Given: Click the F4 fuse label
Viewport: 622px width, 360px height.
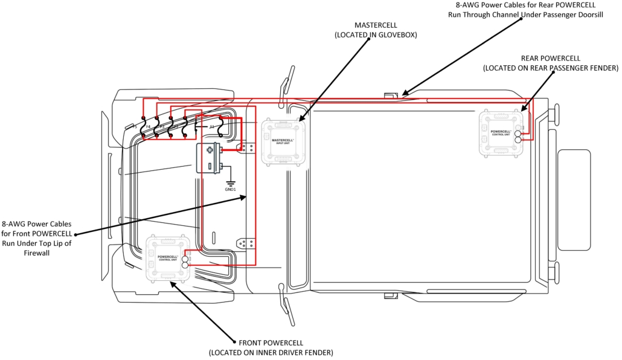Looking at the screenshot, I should coord(149,127).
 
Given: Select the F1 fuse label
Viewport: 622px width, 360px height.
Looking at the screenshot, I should coord(212,127).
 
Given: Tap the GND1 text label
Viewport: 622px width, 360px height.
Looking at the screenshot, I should coord(231,190).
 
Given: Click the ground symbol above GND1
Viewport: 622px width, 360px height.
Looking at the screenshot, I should coord(231,182).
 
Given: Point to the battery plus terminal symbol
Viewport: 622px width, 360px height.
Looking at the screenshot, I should coord(210,150).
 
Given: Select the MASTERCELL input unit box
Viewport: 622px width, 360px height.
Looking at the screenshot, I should coord(282,141).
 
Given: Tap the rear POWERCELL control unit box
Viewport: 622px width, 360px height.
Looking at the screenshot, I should coord(501,133).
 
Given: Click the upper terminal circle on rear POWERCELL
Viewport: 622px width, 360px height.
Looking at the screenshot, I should coord(518,133).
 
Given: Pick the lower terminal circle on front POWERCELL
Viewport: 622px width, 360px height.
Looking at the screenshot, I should coord(185,265).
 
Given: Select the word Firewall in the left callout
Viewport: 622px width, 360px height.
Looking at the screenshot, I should coord(37,253).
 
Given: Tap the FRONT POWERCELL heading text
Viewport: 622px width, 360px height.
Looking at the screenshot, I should coord(271,342).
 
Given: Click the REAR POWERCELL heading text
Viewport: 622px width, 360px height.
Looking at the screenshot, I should coord(550,58).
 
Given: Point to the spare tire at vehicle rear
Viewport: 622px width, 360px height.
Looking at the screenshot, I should coord(574,200).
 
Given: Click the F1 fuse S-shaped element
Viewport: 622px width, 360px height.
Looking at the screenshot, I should coord(221,126).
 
